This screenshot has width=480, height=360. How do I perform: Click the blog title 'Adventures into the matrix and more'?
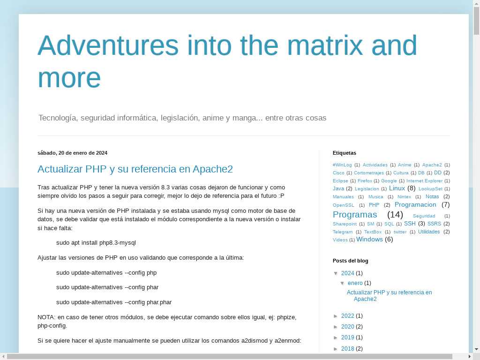click(227, 61)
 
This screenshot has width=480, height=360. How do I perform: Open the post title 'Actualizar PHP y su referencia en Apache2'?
click(135, 169)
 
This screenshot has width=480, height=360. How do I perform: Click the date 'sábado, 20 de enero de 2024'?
click(73, 153)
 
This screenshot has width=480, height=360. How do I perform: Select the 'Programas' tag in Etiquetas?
click(355, 215)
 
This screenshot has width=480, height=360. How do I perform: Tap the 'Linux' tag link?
click(397, 188)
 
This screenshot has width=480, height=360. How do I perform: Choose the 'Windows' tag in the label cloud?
click(369, 240)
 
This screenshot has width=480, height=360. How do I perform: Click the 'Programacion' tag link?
click(415, 204)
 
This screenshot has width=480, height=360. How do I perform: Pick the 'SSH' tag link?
click(410, 224)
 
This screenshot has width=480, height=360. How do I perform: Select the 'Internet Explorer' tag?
click(424, 181)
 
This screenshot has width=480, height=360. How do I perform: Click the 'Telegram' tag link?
click(343, 232)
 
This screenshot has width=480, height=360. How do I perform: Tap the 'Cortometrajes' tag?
click(368, 173)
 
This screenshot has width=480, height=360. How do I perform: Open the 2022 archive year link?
click(347, 315)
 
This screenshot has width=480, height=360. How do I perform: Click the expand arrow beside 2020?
click(336, 327)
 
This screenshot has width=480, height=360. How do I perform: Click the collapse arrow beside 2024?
click(336, 273)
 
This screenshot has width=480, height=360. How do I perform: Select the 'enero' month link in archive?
click(355, 283)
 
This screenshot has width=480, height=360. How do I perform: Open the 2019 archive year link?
click(347, 337)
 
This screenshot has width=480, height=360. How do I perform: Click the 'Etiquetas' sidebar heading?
click(345, 153)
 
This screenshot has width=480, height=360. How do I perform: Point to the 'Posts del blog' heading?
click(351, 261)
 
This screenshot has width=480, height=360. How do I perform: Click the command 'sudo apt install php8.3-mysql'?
click(96, 243)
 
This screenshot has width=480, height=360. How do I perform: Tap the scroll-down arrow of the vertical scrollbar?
click(476, 349)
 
